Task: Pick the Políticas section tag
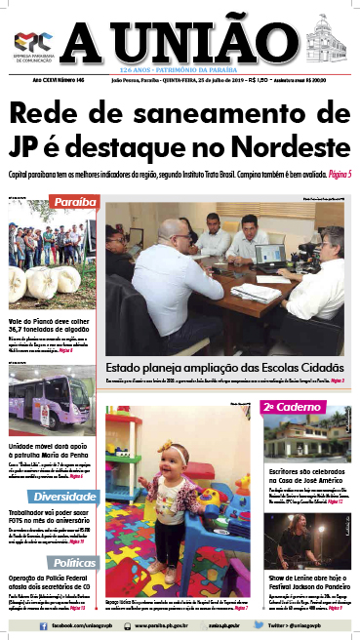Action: click(74, 563)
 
